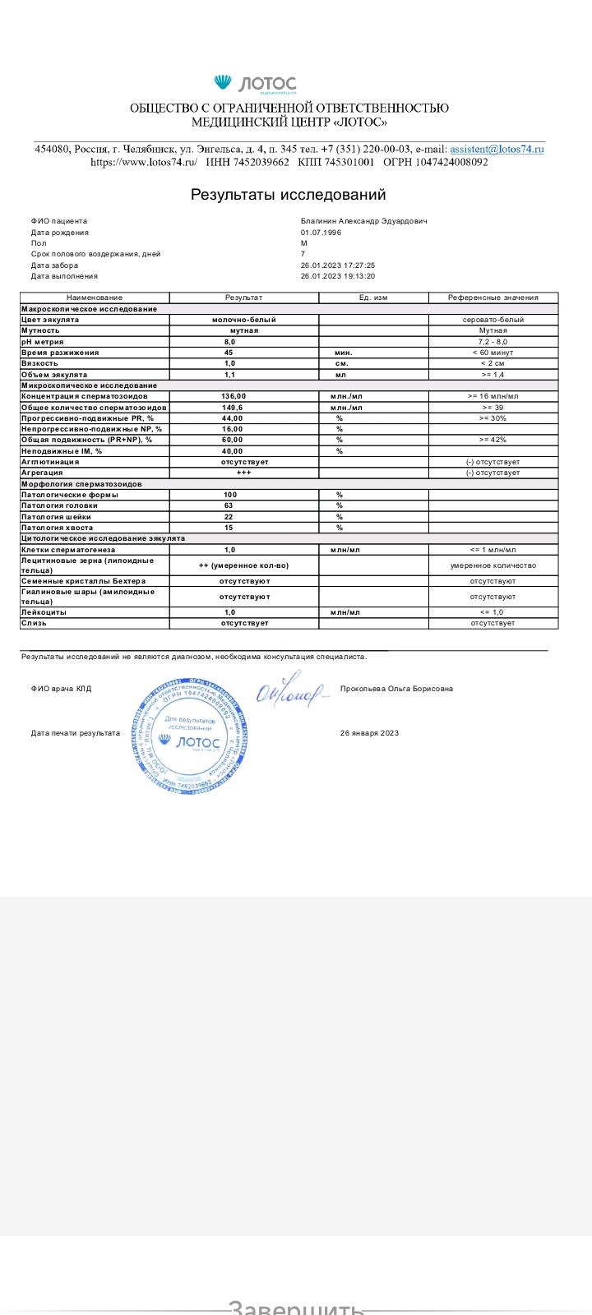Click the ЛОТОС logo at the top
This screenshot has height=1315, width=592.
tap(255, 84)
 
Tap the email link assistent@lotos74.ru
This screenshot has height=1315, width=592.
tap(497, 149)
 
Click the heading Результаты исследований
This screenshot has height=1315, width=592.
tap(288, 195)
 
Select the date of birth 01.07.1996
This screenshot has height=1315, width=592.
tap(321, 233)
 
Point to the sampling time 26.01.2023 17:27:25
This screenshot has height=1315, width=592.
tap(338, 265)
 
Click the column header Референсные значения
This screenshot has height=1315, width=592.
tap(493, 298)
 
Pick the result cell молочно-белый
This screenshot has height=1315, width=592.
tap(243, 320)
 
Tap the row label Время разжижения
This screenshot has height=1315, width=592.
tap(60, 353)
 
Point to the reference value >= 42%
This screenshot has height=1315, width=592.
tap(493, 440)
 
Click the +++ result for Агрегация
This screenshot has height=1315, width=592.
tap(243, 473)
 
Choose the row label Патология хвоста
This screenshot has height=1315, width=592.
tap(57, 528)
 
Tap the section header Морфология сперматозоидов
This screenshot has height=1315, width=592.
tap(81, 484)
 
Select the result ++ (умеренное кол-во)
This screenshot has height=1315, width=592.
tap(243, 565)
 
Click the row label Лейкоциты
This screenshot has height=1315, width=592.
tap(44, 612)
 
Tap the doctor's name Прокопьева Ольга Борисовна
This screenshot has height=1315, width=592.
tap(396, 689)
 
